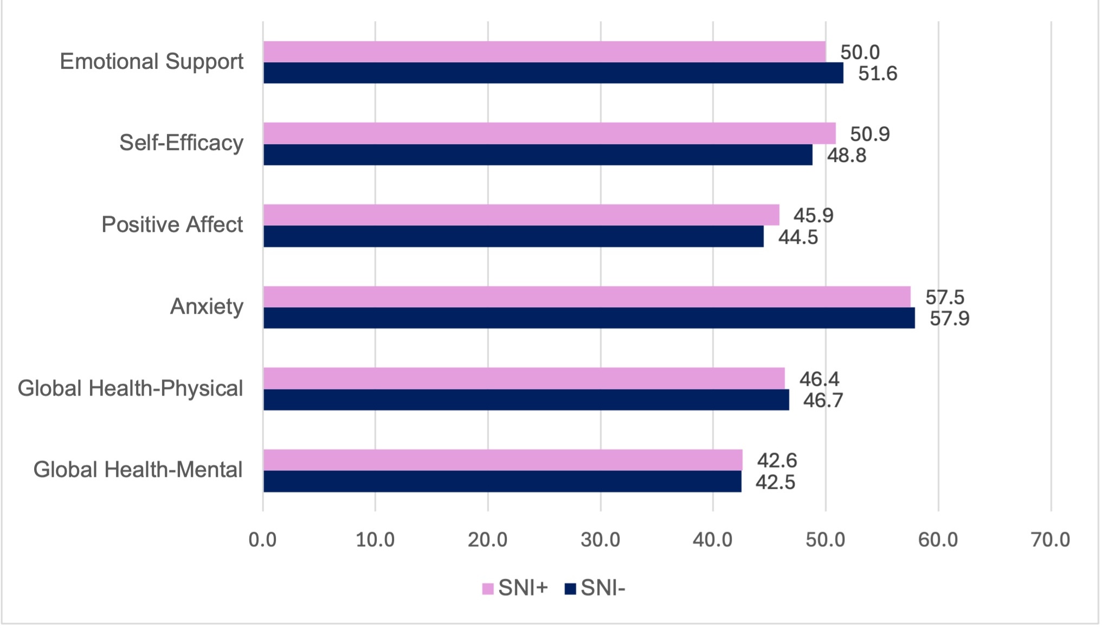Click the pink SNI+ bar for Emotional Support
coord(545,51)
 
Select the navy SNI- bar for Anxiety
coord(589,318)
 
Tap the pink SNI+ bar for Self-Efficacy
coord(550,133)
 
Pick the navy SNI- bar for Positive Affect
coord(513,236)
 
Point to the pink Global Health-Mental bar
coord(503,460)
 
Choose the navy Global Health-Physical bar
coord(526,400)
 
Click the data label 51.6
coord(878,73)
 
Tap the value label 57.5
coord(945,297)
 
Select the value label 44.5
coord(798,237)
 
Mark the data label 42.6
coord(777,461)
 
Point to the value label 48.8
coord(846,156)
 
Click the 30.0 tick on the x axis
coord(601,540)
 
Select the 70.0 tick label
coord(1050,540)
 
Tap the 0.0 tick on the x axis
coord(263,540)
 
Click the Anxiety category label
coord(207,307)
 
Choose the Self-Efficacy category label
coord(181,143)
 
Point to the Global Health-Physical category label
coord(130,389)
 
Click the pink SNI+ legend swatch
coord(488,588)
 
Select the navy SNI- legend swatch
coord(570,588)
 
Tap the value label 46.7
coord(823,400)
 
